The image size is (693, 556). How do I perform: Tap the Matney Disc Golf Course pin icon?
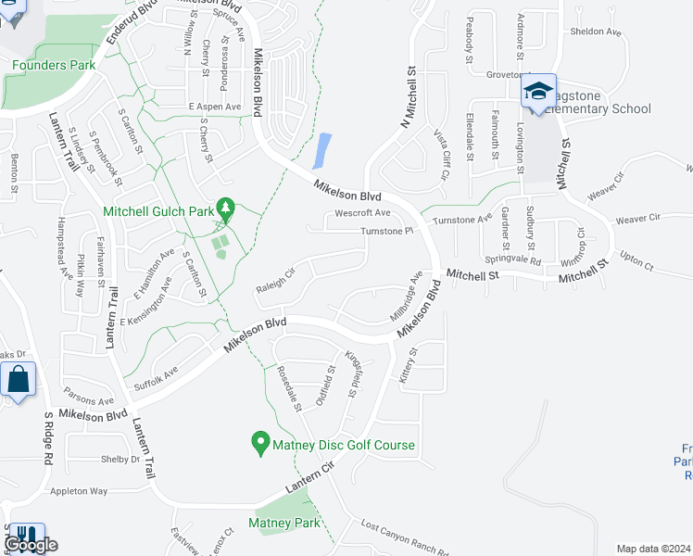[261, 444]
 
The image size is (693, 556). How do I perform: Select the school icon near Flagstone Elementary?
[537, 92]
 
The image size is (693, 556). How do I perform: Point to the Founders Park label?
[54, 66]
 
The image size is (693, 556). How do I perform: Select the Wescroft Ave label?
[362, 212]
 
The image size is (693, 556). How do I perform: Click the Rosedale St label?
[289, 388]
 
